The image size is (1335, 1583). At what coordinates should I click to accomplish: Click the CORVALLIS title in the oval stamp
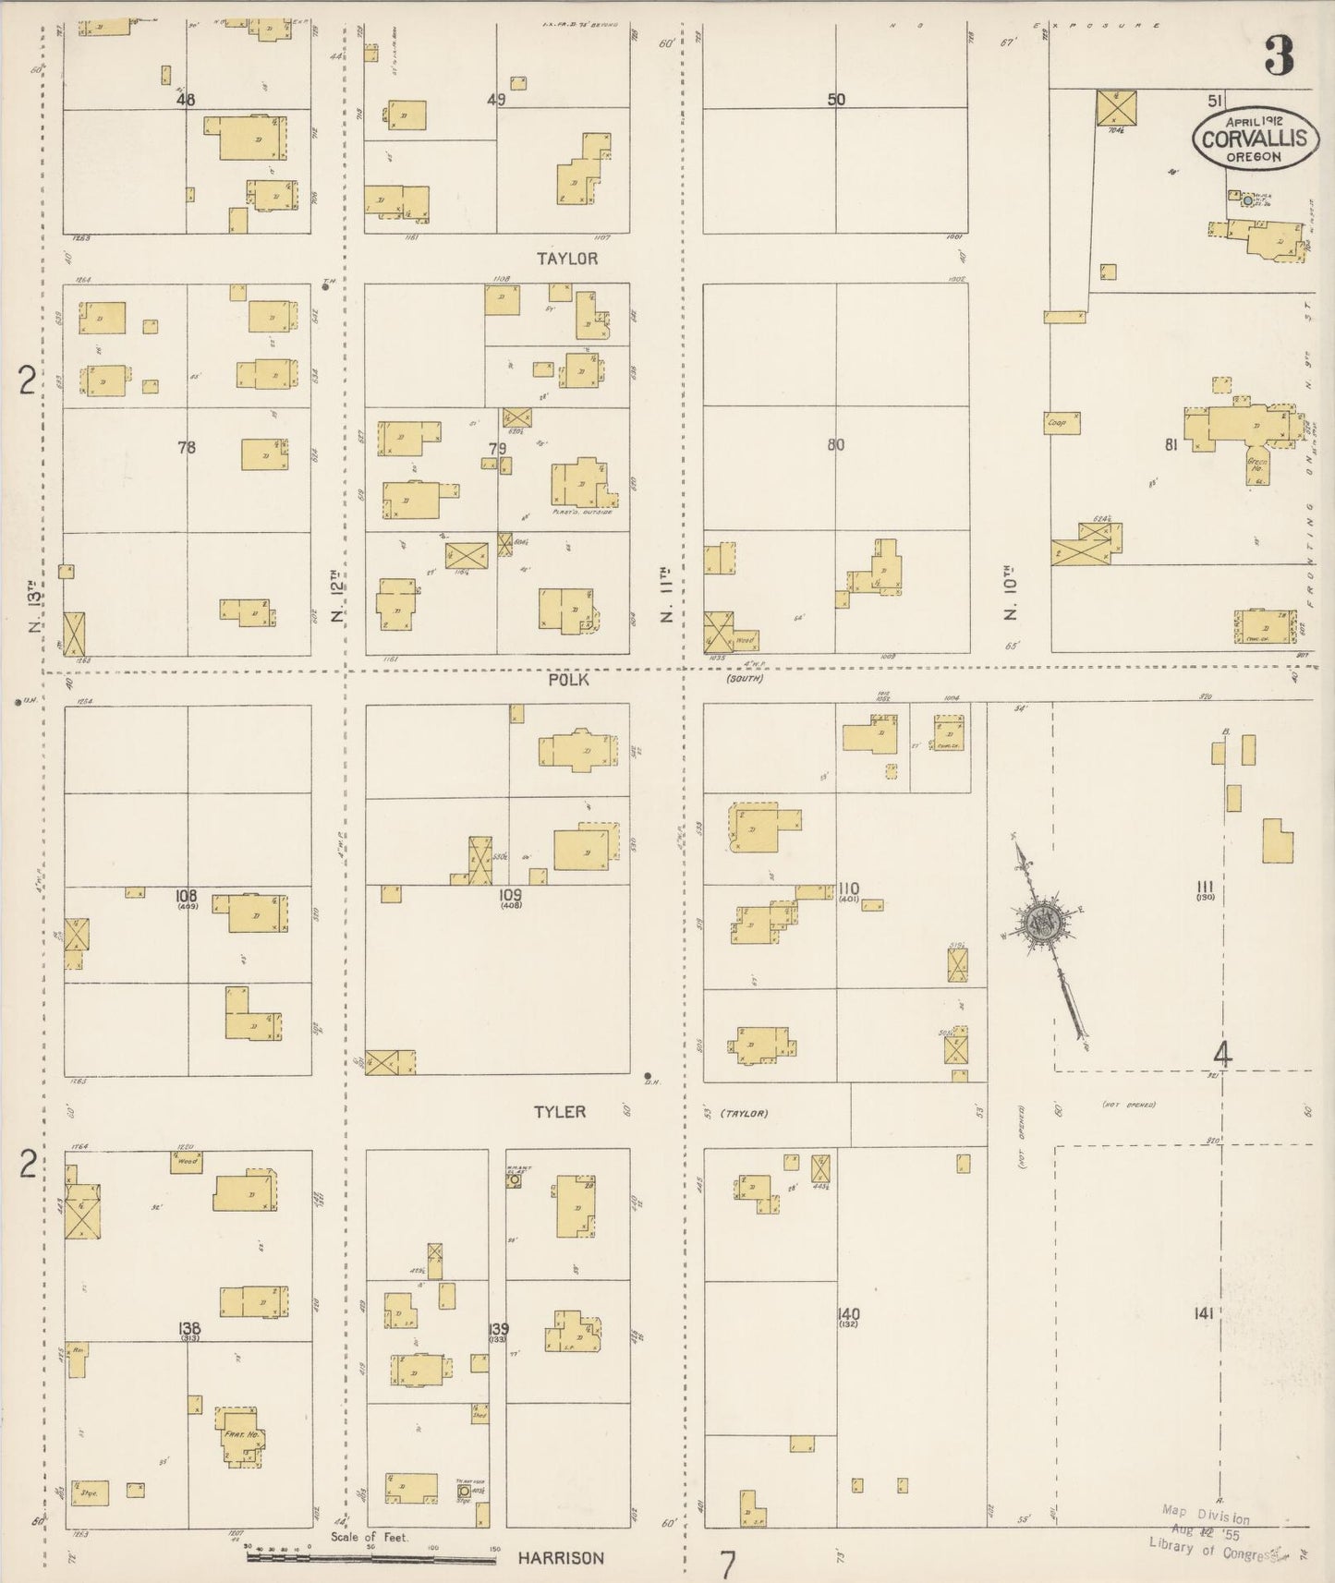pos(1254,139)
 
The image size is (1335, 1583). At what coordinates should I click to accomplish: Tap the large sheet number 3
pos(1280,58)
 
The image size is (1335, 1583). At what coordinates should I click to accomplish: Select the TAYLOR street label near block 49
pos(566,259)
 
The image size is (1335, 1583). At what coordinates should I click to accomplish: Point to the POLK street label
pos(567,680)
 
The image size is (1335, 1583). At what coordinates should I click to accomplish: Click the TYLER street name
pos(559,1112)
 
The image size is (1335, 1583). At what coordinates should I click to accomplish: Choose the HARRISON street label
pos(560,1558)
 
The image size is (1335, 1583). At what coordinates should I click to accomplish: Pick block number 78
pos(187,448)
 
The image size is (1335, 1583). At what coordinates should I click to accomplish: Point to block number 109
pos(509,895)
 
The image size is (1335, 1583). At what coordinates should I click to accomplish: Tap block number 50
pos(836,100)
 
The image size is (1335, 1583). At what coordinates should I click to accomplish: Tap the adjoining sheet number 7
pos(728,1564)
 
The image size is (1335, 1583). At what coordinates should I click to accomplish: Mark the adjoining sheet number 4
pos(1222,1054)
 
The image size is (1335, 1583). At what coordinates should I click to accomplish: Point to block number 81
pos(1171,445)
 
